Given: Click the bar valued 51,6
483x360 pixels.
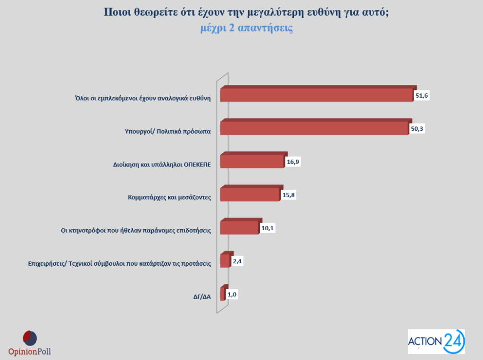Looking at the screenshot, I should tap(316, 94).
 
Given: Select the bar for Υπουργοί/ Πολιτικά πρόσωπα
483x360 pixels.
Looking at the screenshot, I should tap(314, 128).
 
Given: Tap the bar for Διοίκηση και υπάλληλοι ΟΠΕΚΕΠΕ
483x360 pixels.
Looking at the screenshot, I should tap(252, 161).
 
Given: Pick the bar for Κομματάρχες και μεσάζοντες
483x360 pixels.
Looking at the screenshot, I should tap(250, 194).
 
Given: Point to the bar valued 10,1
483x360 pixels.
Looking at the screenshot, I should tap(239, 227).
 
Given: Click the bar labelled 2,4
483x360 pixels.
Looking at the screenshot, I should tap(225, 261).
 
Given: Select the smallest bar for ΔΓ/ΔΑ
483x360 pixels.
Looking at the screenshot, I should tap(223, 294).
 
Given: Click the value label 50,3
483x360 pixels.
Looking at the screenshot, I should tap(417, 129).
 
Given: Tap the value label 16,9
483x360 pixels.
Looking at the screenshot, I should tap(292, 162).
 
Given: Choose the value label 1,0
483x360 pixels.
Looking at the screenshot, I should tap(232, 294).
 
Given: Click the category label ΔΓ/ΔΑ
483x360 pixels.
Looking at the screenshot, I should tap(202, 297).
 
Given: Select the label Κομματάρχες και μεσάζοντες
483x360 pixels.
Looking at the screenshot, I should tap(169, 197).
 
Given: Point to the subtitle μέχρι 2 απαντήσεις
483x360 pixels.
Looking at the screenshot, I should tap(246, 28).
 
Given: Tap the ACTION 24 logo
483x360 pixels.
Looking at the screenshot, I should tap(436, 341).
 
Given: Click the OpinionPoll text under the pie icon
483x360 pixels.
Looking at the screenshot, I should tap(30, 351).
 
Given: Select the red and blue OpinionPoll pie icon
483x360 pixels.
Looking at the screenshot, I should tap(30, 338).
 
